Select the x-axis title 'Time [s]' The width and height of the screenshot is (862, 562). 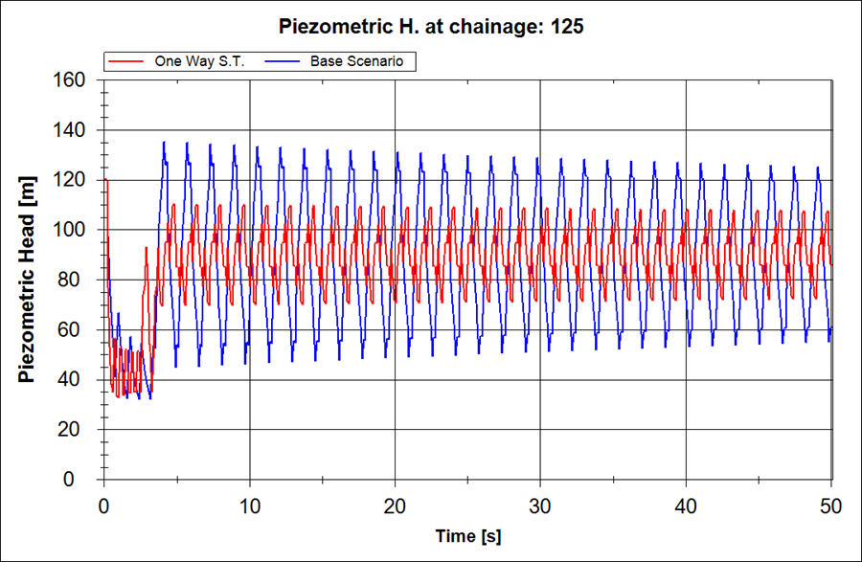click(467, 534)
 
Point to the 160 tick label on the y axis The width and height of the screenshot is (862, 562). click(72, 80)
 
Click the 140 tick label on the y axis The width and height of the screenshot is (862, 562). click(72, 130)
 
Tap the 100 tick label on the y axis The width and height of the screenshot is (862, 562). click(72, 230)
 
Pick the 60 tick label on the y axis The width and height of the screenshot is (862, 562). click(77, 329)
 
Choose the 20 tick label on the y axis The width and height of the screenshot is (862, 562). click(77, 429)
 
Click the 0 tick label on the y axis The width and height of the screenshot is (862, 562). click(81, 479)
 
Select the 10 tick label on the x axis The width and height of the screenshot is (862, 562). click(249, 506)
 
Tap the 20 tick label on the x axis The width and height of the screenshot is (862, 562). click(395, 506)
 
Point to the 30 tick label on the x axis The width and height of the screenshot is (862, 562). click(540, 506)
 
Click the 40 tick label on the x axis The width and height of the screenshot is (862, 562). click(686, 506)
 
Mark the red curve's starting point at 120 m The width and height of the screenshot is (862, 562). click(105, 180)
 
